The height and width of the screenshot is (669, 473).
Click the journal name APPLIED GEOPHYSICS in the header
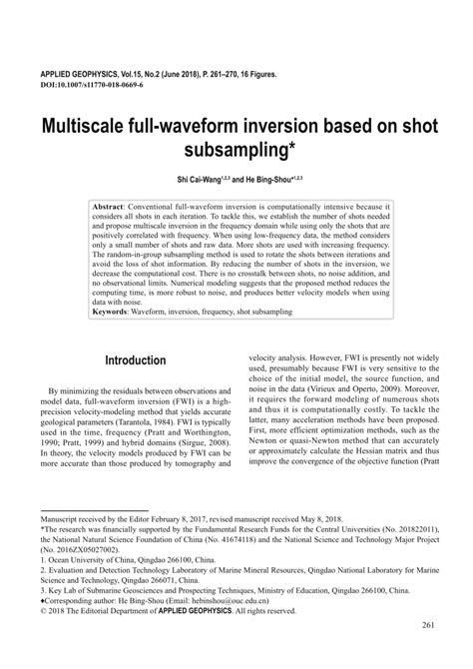tap(82, 75)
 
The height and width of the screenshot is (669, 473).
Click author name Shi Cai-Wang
tap(201, 180)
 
